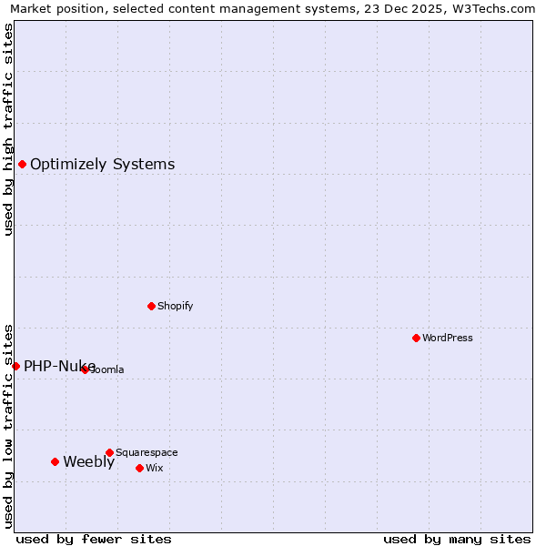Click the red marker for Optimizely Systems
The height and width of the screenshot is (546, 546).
click(22, 164)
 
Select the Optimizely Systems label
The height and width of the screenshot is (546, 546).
click(102, 165)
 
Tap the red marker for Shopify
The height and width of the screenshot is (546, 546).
click(151, 306)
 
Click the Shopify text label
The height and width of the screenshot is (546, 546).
click(175, 306)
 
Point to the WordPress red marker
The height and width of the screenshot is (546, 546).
click(416, 338)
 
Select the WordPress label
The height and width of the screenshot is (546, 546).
click(447, 338)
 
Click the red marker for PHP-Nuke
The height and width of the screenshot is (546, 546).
click(15, 366)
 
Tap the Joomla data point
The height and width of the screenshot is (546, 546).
click(85, 369)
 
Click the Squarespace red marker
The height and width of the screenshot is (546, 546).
click(109, 452)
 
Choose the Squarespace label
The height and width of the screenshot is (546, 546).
click(147, 452)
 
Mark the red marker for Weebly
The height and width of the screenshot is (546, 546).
click(55, 461)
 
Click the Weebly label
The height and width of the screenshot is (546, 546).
click(88, 461)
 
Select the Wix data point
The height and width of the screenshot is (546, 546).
click(139, 468)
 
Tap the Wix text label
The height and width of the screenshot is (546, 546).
click(154, 468)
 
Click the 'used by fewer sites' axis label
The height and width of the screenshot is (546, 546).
click(94, 539)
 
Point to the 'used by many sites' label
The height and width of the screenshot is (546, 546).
click(457, 539)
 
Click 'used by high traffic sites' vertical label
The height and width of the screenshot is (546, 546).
click(8, 129)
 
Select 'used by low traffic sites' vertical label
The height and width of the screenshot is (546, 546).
click(8, 425)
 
